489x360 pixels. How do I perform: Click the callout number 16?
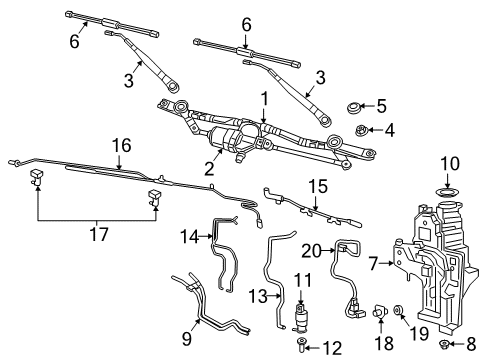[x=120, y=146]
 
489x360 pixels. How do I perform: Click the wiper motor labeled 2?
[x=228, y=137]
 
